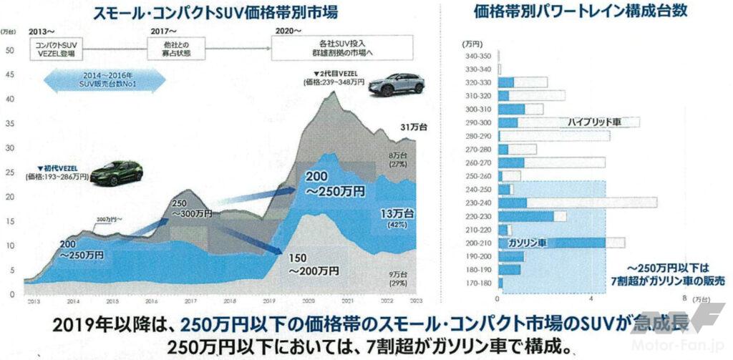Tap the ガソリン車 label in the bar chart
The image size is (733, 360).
pos(528,243)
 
